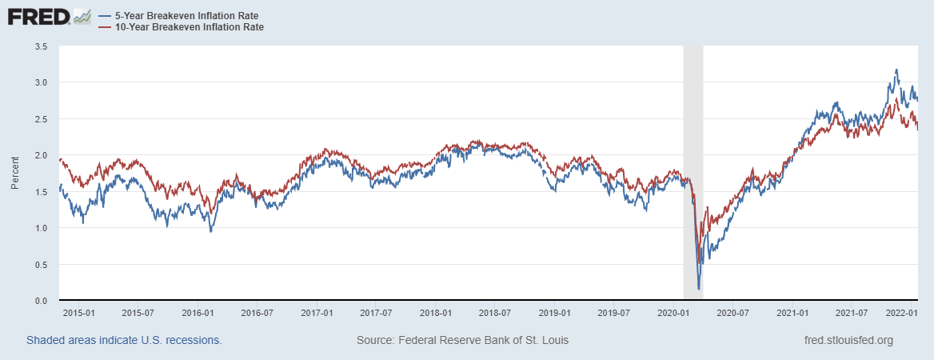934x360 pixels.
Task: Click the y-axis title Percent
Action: coord(14,174)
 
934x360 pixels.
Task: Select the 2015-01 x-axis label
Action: coord(78,313)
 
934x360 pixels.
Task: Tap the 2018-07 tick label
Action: coord(496,313)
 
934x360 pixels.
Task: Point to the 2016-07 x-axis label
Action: coord(257,313)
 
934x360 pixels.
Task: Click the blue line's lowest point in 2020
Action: coord(699,288)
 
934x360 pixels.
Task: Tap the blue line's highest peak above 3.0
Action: coord(896,70)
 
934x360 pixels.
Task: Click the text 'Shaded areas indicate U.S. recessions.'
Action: coord(124,340)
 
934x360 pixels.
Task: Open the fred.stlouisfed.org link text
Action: coord(848,340)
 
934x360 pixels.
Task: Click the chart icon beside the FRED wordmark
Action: coord(82,16)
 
